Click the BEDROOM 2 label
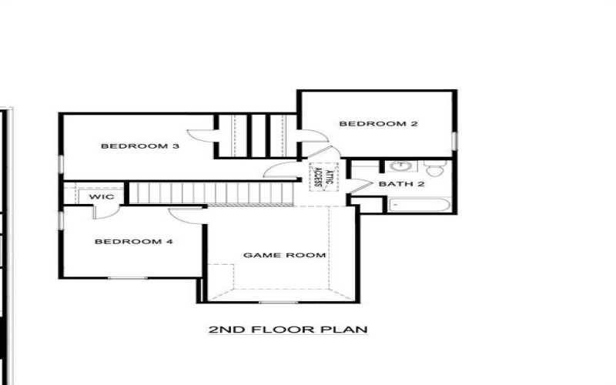pos(372,123)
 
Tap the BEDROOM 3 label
pos(135,146)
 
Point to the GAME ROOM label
pos(274,255)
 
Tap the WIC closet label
pos(102,197)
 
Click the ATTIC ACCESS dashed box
pos(317,178)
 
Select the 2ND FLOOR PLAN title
pos(287,330)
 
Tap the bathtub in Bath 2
pos(419,206)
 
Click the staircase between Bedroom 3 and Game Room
pos(208,192)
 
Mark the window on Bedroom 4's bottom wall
pos(128,277)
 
